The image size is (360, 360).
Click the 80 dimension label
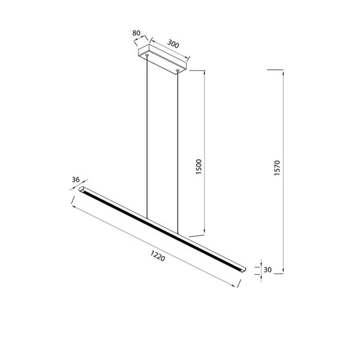click(x=136, y=34)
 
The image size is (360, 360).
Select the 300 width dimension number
click(x=174, y=44)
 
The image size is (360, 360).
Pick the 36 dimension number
click(x=76, y=179)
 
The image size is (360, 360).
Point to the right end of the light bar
click(x=242, y=268)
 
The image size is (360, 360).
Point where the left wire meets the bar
click(x=147, y=218)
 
